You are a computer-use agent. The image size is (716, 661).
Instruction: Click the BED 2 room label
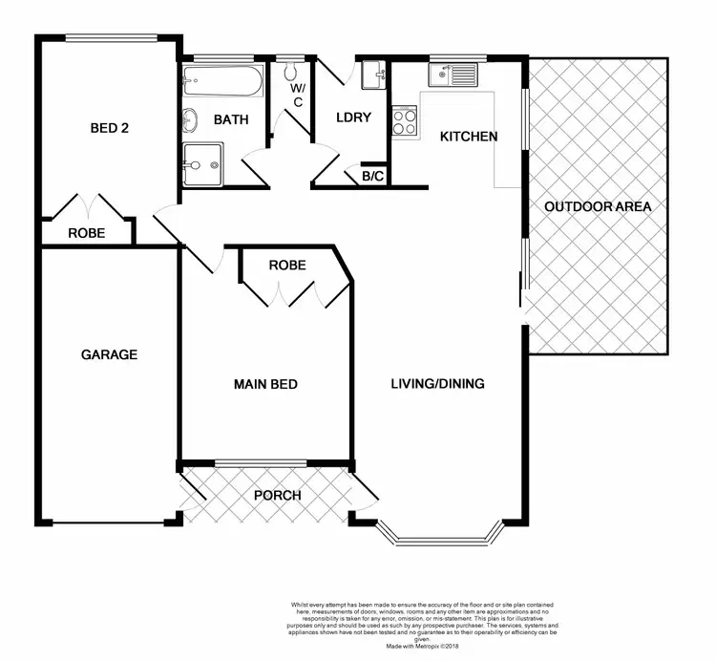(x=109, y=129)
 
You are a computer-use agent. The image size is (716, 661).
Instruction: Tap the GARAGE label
(x=109, y=354)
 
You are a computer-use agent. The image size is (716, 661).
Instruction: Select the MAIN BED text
(x=266, y=385)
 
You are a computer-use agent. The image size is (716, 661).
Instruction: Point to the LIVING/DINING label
(x=437, y=385)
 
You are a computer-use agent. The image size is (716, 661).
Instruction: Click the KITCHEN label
(x=468, y=137)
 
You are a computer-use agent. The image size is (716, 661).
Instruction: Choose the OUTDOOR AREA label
(x=597, y=206)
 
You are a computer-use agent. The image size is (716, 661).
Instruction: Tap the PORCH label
(x=277, y=495)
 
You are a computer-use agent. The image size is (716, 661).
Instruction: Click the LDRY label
(x=352, y=118)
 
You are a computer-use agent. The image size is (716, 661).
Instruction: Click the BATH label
(x=230, y=120)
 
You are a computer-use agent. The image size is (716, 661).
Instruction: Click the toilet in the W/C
(x=292, y=72)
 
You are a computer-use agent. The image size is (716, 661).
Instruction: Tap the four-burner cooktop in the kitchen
(x=405, y=121)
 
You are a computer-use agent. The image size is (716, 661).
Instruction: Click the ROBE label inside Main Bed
(x=286, y=265)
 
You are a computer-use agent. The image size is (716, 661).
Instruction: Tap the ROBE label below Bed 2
(x=86, y=233)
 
